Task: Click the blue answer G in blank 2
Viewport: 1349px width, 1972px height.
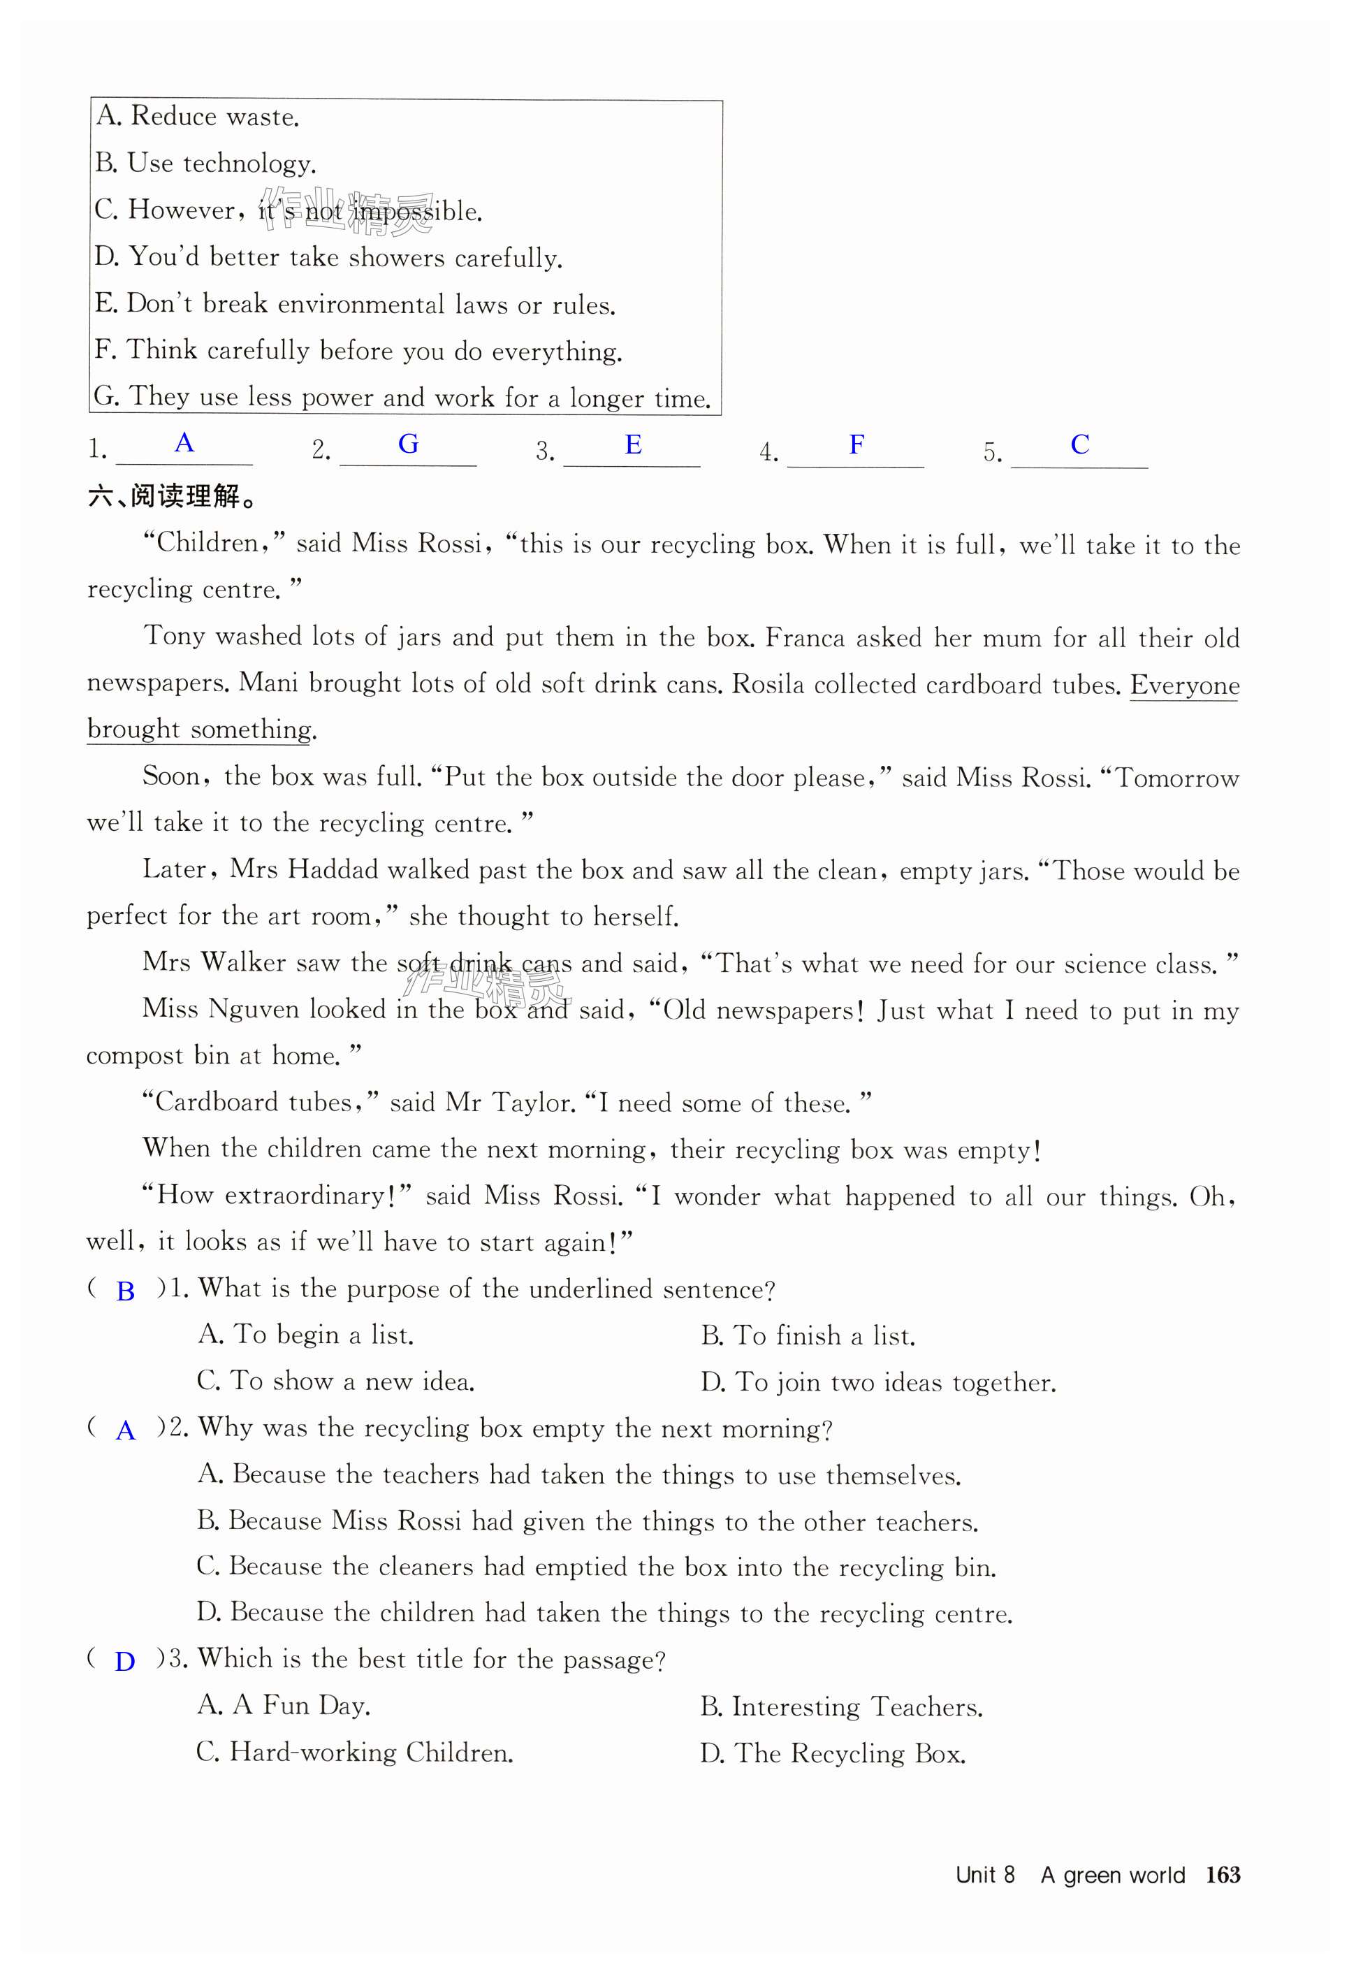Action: click(x=408, y=444)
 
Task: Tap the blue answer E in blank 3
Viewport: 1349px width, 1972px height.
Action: click(x=633, y=444)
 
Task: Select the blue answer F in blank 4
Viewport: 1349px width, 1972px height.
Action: click(x=857, y=444)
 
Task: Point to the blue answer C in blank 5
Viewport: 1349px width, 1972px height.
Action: click(x=1079, y=444)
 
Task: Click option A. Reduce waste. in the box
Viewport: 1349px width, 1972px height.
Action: click(x=198, y=116)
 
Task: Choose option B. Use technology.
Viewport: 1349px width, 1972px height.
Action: click(x=205, y=163)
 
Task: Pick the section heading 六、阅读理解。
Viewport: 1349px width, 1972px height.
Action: click(x=173, y=496)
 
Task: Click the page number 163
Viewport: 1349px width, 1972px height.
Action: click(x=1223, y=1874)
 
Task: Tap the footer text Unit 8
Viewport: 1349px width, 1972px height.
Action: click(x=984, y=1874)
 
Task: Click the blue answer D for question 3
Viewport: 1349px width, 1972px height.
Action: click(x=125, y=1662)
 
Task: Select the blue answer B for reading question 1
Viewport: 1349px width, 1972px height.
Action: click(x=126, y=1291)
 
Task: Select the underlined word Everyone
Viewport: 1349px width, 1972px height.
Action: click(x=1184, y=685)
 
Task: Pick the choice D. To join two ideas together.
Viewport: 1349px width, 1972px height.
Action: click(x=878, y=1382)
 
